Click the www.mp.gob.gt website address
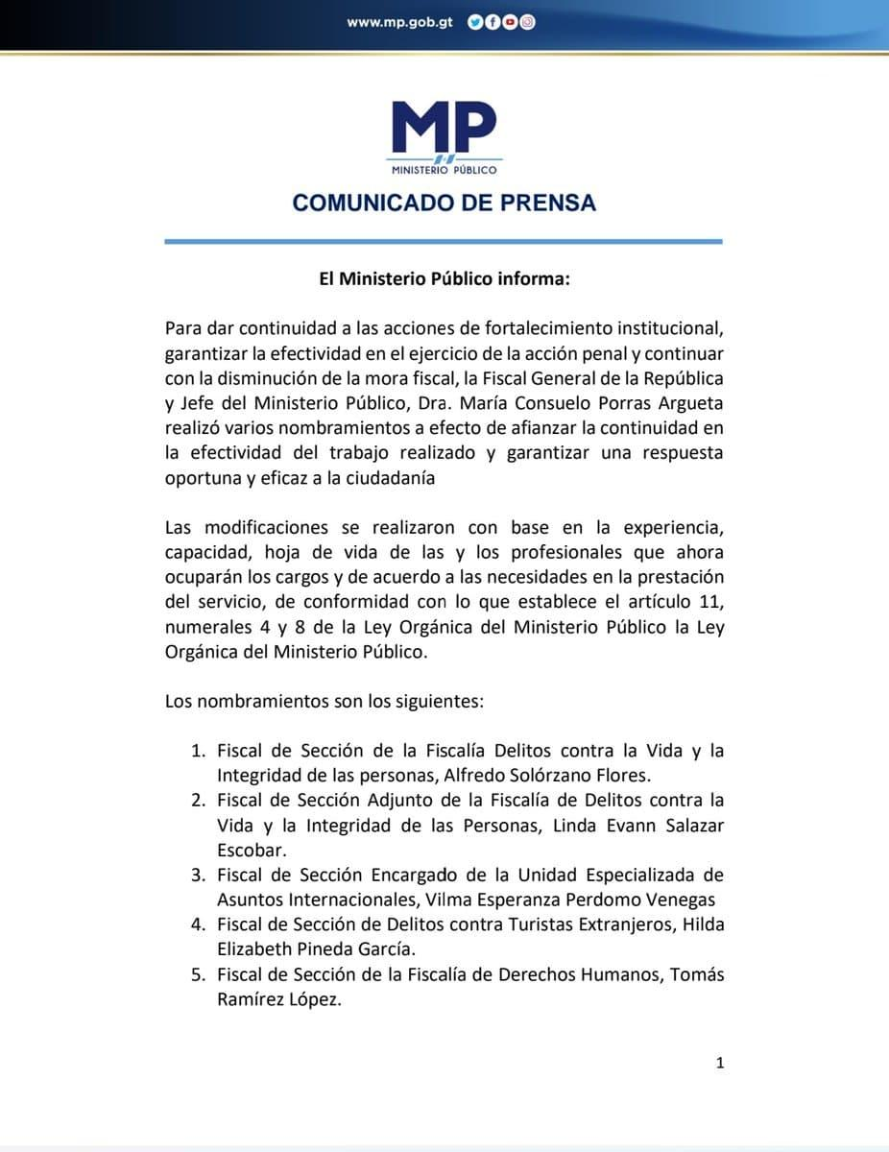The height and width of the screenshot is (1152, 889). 399,21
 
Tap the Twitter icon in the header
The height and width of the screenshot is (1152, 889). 474,22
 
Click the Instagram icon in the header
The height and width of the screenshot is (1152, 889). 527,22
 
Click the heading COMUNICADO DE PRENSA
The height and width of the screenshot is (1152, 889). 444,203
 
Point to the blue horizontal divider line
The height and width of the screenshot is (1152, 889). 444,241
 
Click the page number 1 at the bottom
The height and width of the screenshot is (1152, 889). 720,1062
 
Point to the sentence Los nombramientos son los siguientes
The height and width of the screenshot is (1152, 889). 324,701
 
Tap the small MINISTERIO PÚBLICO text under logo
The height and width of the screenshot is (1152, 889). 444,170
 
